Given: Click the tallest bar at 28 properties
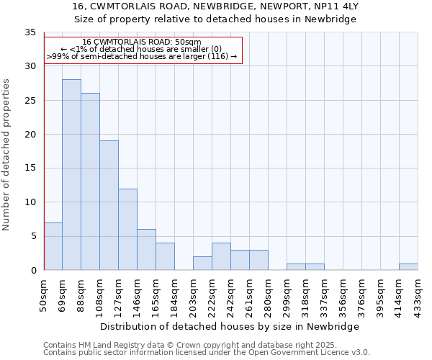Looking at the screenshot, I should [x=71, y=175].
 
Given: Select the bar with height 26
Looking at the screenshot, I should [x=90, y=181].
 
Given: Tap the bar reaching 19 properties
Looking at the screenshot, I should [x=109, y=205].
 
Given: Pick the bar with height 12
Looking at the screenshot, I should [x=127, y=229].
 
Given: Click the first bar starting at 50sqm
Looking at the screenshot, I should [x=53, y=246].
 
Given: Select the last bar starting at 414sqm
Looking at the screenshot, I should [x=408, y=266].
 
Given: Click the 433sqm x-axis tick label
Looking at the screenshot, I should [x=418, y=294].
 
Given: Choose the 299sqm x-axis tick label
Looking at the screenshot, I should [x=287, y=294].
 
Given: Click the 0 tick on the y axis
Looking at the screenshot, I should [x=32, y=270].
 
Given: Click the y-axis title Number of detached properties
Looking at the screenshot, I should [x=7, y=155].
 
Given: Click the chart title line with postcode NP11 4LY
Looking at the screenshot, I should [x=216, y=6].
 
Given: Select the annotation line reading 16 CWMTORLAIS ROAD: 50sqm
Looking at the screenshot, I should [x=142, y=42].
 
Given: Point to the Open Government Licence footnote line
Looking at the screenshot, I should [x=207, y=353].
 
